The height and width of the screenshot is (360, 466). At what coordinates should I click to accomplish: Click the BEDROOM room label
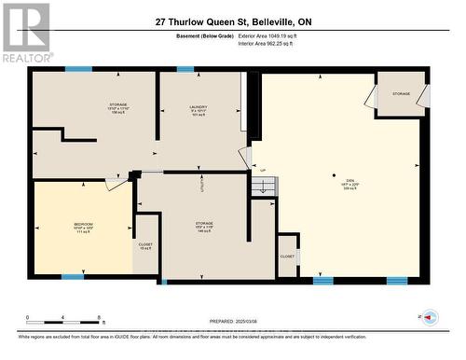pyautogui.click(x=83, y=225)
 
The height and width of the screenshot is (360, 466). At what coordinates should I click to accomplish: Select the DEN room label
pyautogui.click(x=337, y=182)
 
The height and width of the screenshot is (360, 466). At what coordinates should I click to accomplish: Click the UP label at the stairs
pyautogui.click(x=263, y=170)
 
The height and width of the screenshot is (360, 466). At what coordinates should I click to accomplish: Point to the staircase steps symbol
pyautogui.click(x=265, y=187)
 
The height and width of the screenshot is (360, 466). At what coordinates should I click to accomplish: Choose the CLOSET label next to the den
pyautogui.click(x=287, y=256)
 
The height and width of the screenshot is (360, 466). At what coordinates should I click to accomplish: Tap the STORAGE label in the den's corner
pyautogui.click(x=401, y=94)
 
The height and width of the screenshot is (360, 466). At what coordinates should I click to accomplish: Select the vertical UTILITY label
pyautogui.click(x=202, y=186)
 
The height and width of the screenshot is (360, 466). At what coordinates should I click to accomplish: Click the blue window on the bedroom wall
pyautogui.click(x=73, y=277)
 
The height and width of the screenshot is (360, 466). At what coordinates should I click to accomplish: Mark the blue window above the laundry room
pyautogui.click(x=185, y=69)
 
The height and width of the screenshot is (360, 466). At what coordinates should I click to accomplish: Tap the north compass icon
pyautogui.click(x=430, y=318)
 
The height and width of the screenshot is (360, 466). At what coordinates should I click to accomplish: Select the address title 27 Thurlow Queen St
pyautogui.click(x=232, y=21)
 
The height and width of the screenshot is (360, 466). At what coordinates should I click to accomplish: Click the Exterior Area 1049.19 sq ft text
pyautogui.click(x=277, y=36)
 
